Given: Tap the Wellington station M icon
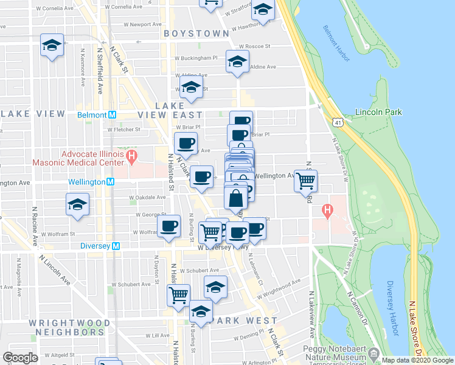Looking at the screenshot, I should pyautogui.click(x=111, y=182).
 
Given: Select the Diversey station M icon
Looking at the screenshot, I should pyautogui.click(x=120, y=246).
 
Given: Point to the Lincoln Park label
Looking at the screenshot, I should pyautogui.click(x=377, y=112).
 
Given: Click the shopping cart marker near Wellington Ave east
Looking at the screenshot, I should pyautogui.click(x=306, y=180).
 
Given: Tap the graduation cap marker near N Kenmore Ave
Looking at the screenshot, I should pyautogui.click(x=52, y=45).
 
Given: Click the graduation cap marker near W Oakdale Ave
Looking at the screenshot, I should pyautogui.click(x=78, y=204).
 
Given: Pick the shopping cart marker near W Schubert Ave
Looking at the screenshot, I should pyautogui.click(x=178, y=295).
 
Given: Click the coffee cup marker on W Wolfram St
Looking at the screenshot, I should pyautogui.click(x=168, y=226).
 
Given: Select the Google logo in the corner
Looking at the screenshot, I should pyautogui.click(x=20, y=358).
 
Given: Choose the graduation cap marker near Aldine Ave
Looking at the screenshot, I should pyautogui.click(x=237, y=61).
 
